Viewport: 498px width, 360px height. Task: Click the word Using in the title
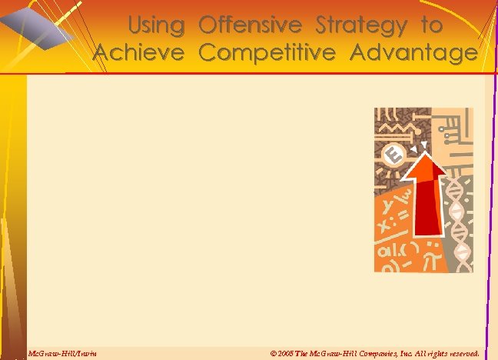point(156,26)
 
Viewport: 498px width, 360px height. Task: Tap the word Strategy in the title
point(361,26)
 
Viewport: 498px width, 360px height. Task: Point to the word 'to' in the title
point(431,26)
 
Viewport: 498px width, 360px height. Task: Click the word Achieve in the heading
point(138,53)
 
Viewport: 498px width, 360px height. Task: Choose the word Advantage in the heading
point(413,53)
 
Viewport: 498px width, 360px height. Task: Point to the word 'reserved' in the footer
point(460,353)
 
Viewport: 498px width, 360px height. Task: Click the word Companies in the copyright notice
point(368,353)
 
